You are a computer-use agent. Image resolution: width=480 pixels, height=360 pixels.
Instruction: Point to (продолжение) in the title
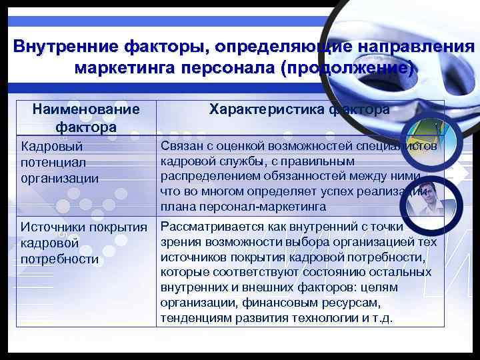pos(347,69)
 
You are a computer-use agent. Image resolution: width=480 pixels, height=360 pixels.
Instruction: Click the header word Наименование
pos(86,109)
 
